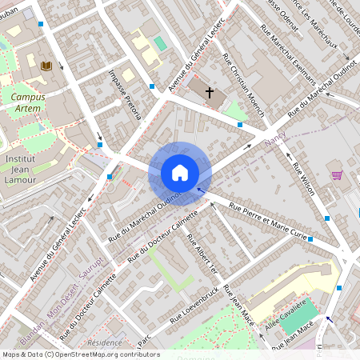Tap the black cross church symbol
(x=210, y=92)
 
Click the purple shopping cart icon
(x=337, y=174)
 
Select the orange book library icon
(x=46, y=66)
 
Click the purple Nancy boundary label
(x=274, y=142)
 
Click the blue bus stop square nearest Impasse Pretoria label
(x=152, y=86)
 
